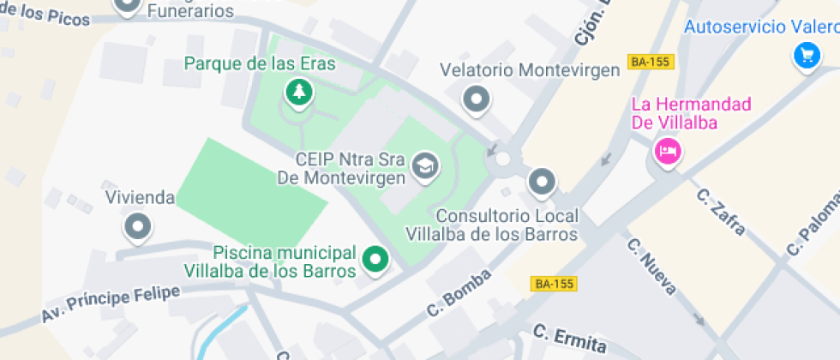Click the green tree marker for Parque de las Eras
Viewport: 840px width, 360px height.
[297, 92]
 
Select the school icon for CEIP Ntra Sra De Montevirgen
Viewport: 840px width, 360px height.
[423, 165]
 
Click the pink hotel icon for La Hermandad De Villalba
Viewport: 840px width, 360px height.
[667, 153]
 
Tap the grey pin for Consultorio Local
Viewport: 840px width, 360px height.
[542, 181]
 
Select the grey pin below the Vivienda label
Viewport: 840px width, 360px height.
[137, 227]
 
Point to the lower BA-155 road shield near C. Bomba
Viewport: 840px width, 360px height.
[554, 284]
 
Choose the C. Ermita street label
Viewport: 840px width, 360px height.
[569, 339]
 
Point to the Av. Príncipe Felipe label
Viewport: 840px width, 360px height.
[111, 305]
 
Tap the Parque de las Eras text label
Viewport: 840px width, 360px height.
[260, 64]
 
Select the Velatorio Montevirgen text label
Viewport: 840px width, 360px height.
[529, 70]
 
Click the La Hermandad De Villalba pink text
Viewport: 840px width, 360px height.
[686, 113]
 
